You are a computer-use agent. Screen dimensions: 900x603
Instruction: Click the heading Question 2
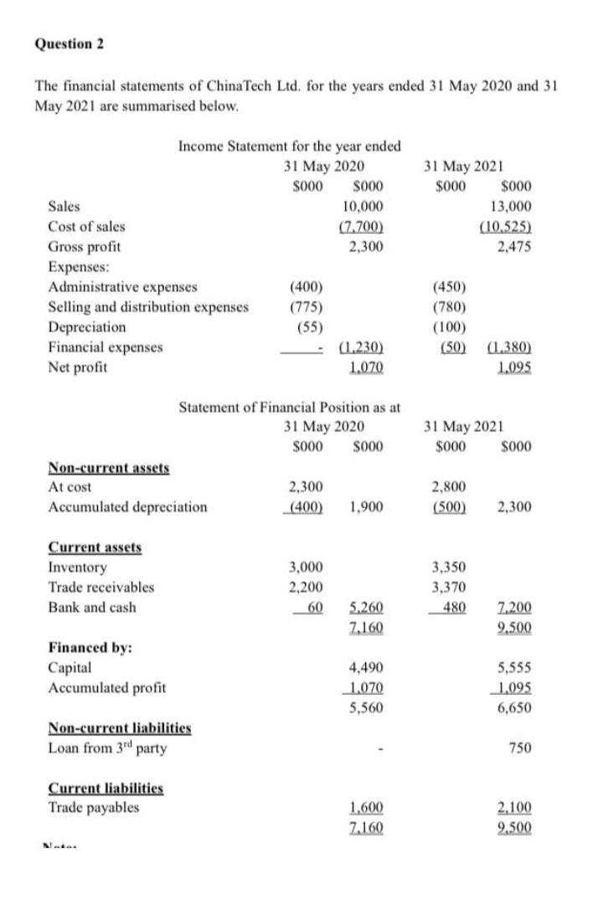(x=69, y=45)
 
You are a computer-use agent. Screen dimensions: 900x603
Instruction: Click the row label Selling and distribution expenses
(x=148, y=306)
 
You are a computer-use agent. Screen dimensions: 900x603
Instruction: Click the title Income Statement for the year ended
(x=289, y=147)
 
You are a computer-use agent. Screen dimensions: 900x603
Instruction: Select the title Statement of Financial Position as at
(x=291, y=407)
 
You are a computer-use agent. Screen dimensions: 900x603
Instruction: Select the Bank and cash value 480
(x=454, y=607)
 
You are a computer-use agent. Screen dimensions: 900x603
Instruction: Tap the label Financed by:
(x=83, y=647)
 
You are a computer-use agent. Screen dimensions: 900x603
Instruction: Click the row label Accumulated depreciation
(x=127, y=507)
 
